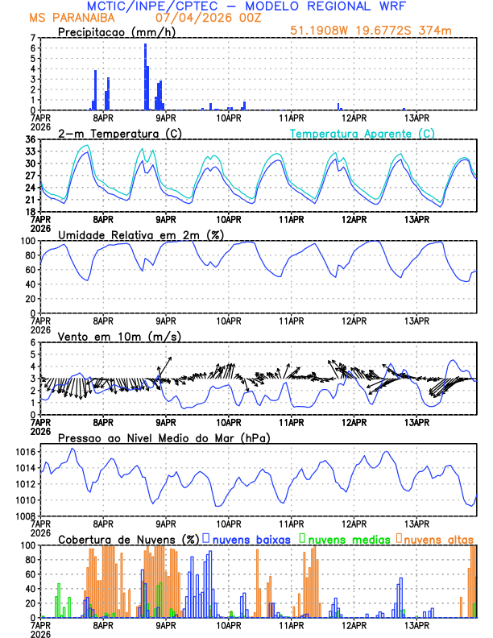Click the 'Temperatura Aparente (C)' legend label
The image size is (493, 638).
pos(362,133)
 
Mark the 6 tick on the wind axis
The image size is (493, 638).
pos(34,342)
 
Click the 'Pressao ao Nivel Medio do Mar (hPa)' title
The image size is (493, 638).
pos(164,437)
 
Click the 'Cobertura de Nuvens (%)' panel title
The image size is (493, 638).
pos(128,539)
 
